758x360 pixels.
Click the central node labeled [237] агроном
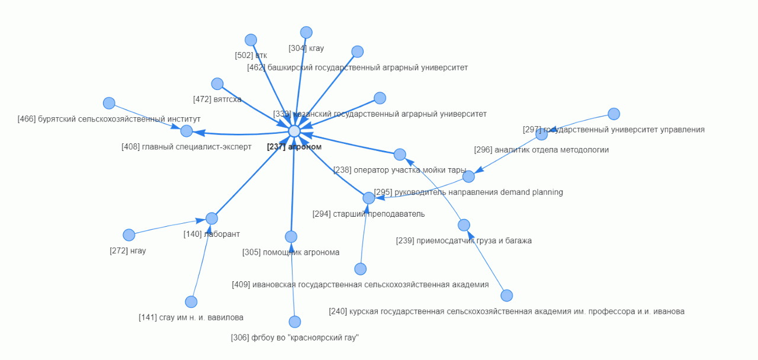(294, 131)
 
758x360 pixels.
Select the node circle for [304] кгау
(306, 33)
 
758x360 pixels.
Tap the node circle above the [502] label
(251, 40)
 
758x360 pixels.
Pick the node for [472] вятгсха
(217, 84)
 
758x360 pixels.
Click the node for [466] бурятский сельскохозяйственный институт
(109, 104)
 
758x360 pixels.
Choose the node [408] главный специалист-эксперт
(187, 131)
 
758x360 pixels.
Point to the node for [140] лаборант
(211, 218)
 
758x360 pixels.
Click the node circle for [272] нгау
(129, 235)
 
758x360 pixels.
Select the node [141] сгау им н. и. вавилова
(191, 302)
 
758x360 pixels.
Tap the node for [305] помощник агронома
(291, 237)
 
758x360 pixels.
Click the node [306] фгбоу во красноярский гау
(295, 322)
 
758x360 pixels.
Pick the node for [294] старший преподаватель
(369, 198)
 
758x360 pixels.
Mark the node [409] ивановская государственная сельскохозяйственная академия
(361, 269)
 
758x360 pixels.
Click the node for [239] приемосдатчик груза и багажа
(464, 225)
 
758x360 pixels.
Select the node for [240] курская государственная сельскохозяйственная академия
(506, 295)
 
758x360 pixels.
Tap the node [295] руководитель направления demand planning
(468, 176)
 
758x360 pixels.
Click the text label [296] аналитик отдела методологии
(541, 150)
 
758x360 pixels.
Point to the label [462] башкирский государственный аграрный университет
(357, 67)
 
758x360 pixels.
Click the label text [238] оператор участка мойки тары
(400, 170)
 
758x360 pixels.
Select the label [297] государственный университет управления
(614, 130)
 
